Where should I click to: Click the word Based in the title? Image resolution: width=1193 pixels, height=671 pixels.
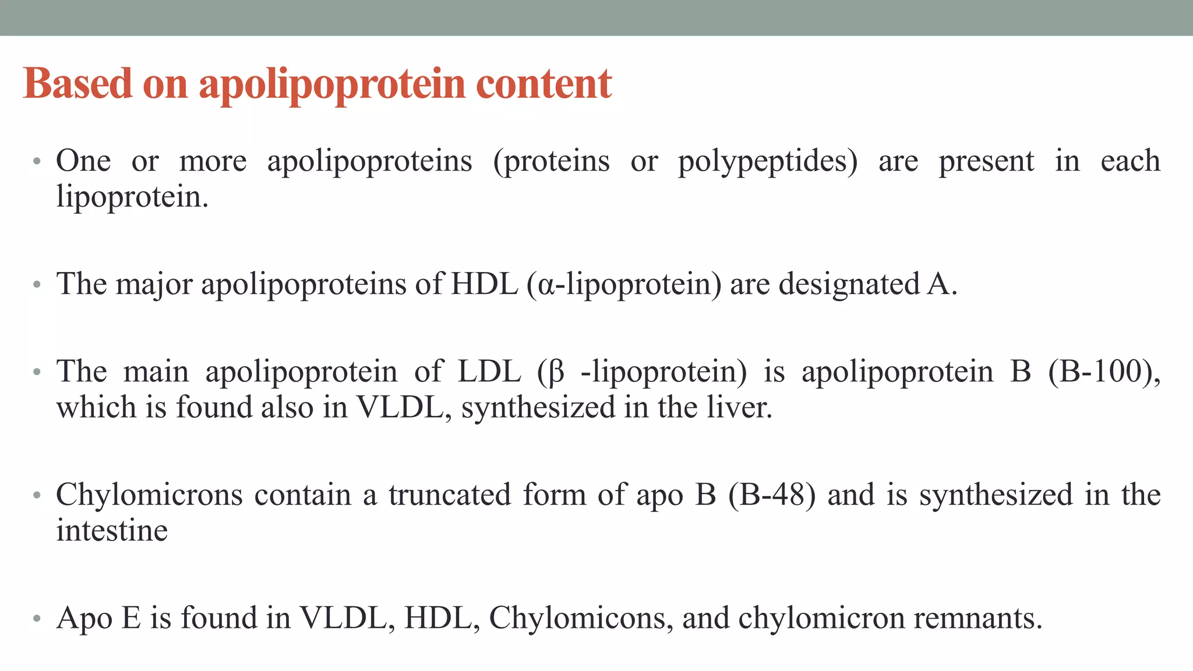77,84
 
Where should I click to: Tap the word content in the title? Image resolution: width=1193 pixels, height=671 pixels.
544,84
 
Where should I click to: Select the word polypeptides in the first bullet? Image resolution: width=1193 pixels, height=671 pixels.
768,161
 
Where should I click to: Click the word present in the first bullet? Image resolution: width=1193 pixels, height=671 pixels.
986,161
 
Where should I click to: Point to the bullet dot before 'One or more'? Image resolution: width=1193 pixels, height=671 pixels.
37,161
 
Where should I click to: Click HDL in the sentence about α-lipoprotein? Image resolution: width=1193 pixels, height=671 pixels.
484,284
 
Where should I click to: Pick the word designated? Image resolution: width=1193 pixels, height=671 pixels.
849,284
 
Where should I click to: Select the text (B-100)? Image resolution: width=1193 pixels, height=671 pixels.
1103,372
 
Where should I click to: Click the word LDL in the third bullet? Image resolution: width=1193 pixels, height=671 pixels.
489,372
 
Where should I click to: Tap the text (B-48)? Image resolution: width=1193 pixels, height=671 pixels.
771,495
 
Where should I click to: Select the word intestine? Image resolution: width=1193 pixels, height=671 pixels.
112,531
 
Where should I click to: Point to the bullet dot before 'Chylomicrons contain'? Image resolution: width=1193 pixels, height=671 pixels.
37,496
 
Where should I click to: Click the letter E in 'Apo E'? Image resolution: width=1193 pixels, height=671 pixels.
131,618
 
